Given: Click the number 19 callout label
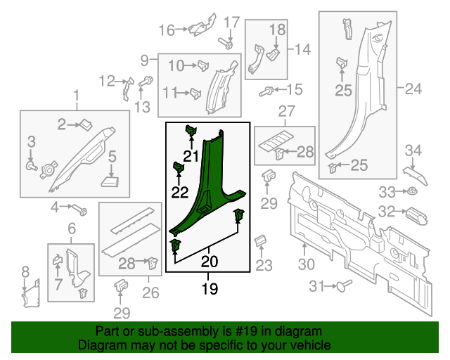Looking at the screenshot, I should (209, 288).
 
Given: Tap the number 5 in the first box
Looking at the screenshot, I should (112, 157).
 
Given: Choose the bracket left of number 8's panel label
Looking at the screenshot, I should (27, 295).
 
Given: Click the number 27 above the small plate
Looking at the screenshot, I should (286, 111).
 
